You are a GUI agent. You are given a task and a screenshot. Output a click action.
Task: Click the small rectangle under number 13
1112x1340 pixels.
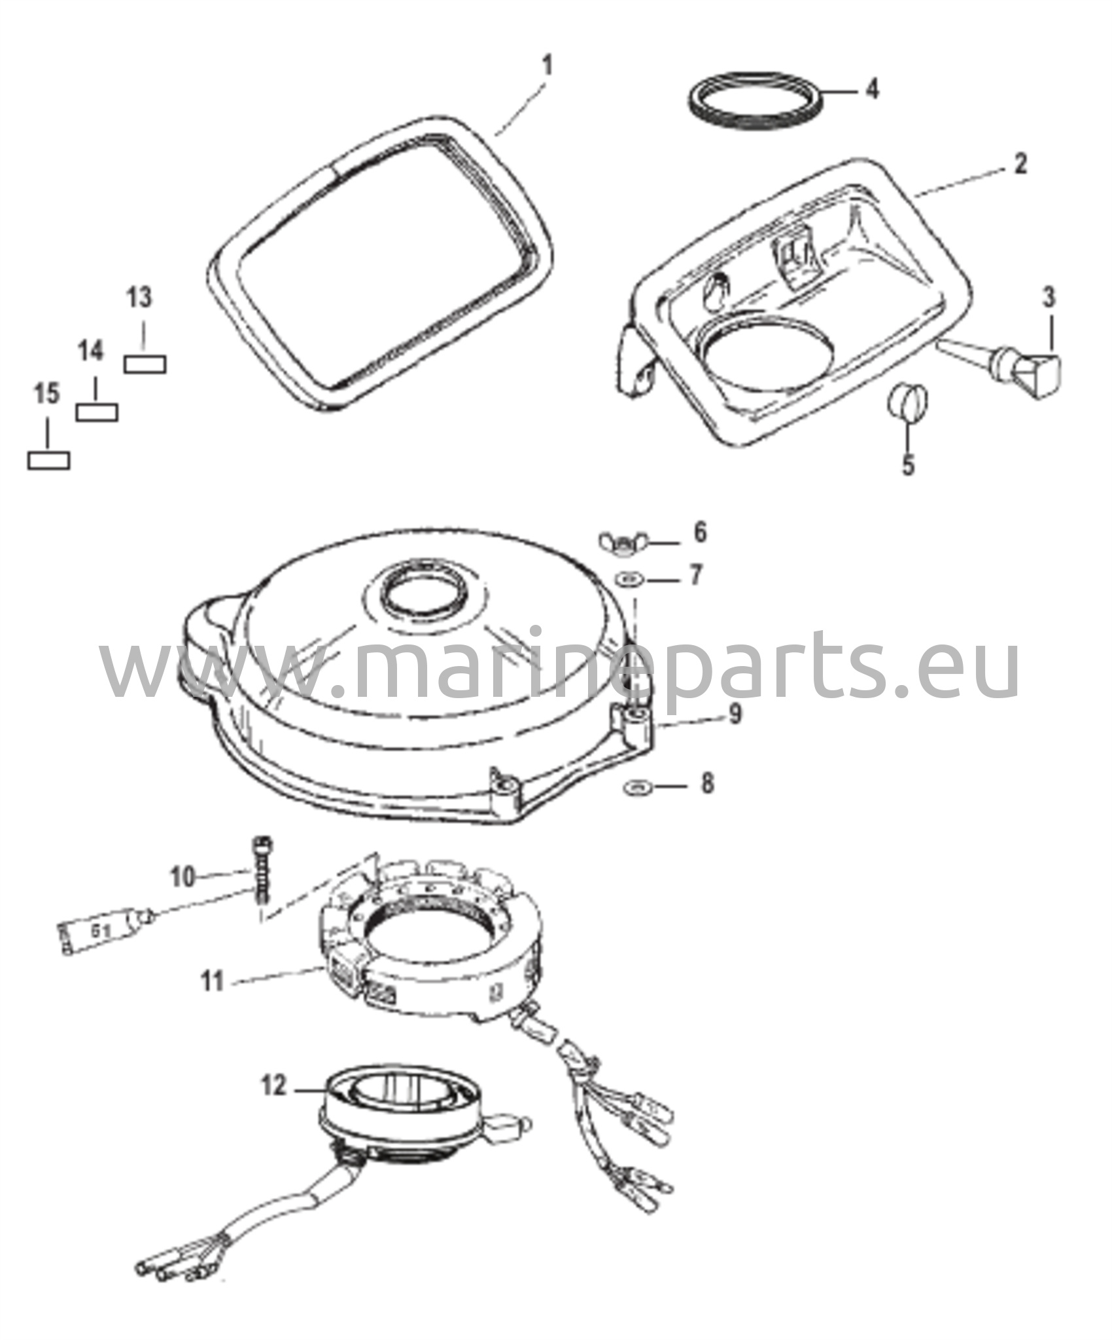(x=145, y=364)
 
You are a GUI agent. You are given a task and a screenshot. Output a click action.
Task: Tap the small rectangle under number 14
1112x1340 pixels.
(x=97, y=412)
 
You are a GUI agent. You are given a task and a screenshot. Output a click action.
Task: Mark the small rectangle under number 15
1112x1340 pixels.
(x=49, y=461)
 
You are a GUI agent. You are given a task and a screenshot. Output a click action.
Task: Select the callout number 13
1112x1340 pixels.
(x=139, y=298)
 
